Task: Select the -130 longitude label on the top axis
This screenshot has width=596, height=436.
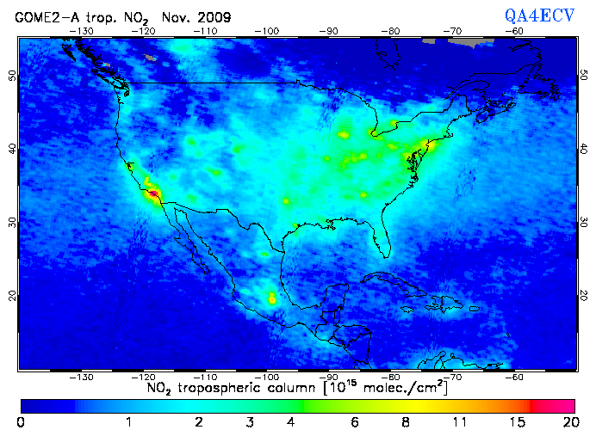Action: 82,31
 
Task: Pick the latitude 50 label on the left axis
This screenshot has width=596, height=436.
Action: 12,75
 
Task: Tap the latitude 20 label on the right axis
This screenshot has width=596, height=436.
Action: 584,295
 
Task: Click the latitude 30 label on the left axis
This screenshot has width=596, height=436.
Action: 12,221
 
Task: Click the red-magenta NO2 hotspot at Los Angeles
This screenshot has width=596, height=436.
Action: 153,194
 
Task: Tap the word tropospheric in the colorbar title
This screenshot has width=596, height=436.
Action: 220,389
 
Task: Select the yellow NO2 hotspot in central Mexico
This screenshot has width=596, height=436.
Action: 273,298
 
